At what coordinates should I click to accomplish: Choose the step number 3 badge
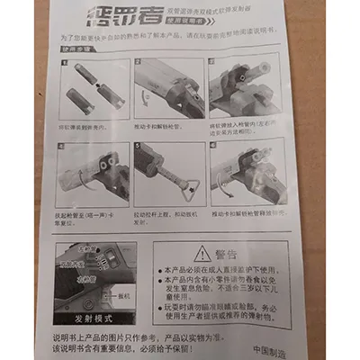[x=214, y=63]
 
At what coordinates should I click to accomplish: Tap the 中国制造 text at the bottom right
[x=267, y=350]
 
